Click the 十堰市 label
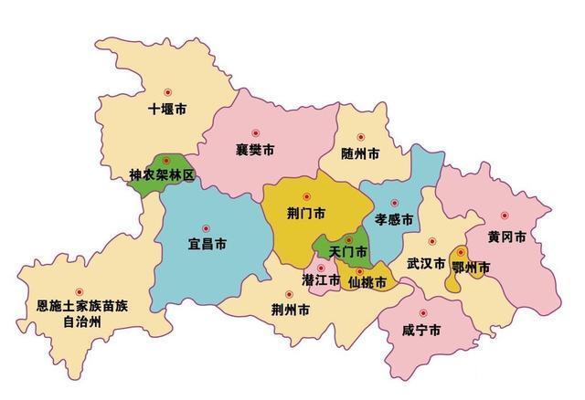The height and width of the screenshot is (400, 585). click(x=167, y=110)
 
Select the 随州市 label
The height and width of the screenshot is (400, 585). click(x=359, y=153)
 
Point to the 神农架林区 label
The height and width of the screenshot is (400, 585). click(x=162, y=174)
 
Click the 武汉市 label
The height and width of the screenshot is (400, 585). click(x=426, y=265)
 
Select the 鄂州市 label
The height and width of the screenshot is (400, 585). click(x=472, y=267)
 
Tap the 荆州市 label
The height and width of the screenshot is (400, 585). click(x=290, y=310)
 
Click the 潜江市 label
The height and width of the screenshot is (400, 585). click(x=322, y=279)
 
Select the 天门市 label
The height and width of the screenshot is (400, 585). click(x=348, y=250)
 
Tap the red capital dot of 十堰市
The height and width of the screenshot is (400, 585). click(x=167, y=92)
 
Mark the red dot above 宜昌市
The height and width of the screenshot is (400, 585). click(x=206, y=228)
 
